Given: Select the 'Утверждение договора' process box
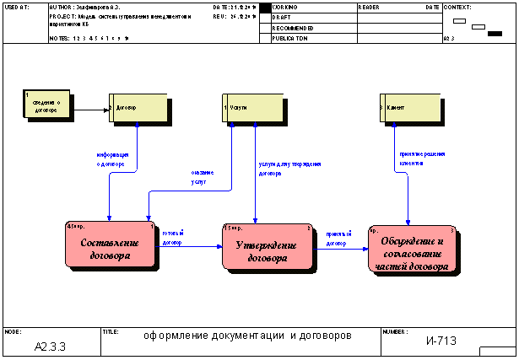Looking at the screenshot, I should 268,246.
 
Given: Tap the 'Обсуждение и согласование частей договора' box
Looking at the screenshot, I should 414,249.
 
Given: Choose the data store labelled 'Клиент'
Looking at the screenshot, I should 410,108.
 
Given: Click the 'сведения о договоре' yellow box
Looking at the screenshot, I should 46,104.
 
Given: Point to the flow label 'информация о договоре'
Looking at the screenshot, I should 112,159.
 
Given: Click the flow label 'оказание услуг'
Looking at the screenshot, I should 203,176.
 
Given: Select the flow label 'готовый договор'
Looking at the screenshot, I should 173,237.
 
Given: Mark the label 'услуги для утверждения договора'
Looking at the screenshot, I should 289,169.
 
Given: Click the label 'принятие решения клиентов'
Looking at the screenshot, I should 422,159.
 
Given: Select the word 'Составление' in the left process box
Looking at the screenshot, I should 110,243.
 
